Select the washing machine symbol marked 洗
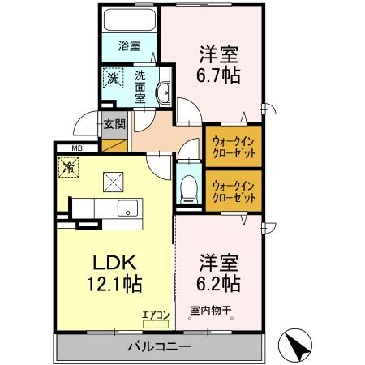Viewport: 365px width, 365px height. click(111, 79)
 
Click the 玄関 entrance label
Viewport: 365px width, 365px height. click(114, 125)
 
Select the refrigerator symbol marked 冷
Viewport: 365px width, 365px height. click(71, 167)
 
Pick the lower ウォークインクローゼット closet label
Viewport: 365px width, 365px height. click(234, 191)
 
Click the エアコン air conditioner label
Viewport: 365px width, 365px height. click(157, 314)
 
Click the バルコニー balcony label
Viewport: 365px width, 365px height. click(159, 346)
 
